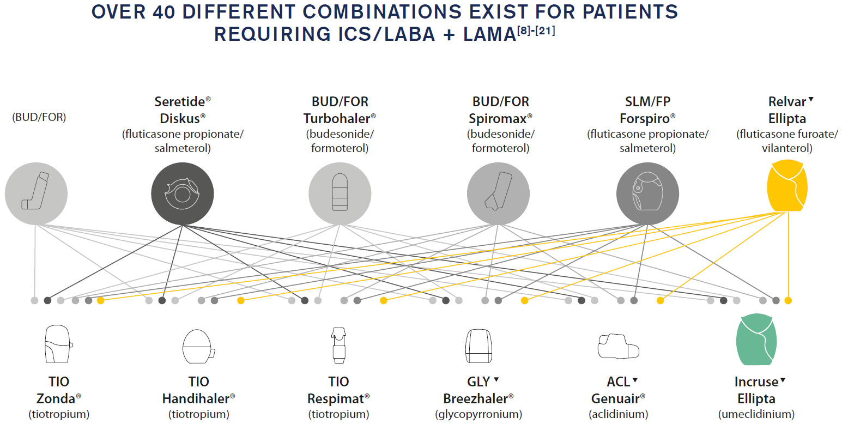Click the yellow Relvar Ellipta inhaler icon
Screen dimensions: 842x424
[787, 186]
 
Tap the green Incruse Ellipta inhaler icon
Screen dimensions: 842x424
[756, 340]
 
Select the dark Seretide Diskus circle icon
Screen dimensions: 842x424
[183, 193]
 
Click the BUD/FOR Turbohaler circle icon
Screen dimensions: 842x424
[340, 193]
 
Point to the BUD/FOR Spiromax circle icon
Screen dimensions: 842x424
[499, 193]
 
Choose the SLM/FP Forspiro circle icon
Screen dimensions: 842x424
[647, 193]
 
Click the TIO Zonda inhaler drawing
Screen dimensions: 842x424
[58, 344]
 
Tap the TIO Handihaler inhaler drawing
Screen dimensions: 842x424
[198, 346]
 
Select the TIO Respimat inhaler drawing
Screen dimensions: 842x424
[338, 346]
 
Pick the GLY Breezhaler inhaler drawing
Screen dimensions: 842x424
[478, 346]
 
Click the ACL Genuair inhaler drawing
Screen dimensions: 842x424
[619, 346]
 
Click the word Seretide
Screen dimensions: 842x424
[180, 101]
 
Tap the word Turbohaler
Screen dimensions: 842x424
[337, 118]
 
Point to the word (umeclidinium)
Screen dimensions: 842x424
[756, 414]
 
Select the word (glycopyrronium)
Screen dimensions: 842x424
[478, 414]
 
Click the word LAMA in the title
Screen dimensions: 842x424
[489, 34]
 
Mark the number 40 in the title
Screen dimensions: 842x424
[164, 12]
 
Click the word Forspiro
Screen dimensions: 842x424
[645, 118]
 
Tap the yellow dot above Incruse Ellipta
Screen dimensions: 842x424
[788, 300]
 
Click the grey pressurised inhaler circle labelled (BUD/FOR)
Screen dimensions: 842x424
[36, 193]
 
